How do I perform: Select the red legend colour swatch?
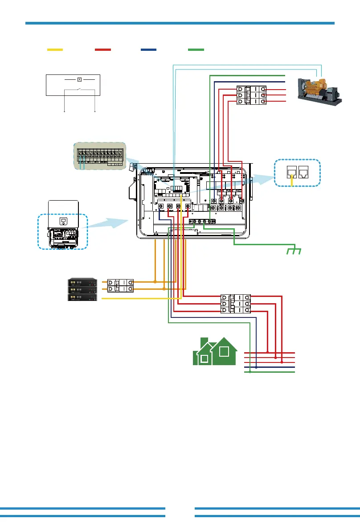103,50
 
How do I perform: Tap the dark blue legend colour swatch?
149,50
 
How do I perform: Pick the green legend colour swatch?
196,50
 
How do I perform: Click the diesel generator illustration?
320,91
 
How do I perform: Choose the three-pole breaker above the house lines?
236,304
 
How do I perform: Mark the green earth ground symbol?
294,251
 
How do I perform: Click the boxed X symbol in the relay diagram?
79,79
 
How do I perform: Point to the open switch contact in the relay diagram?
79,91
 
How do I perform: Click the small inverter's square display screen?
63,221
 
